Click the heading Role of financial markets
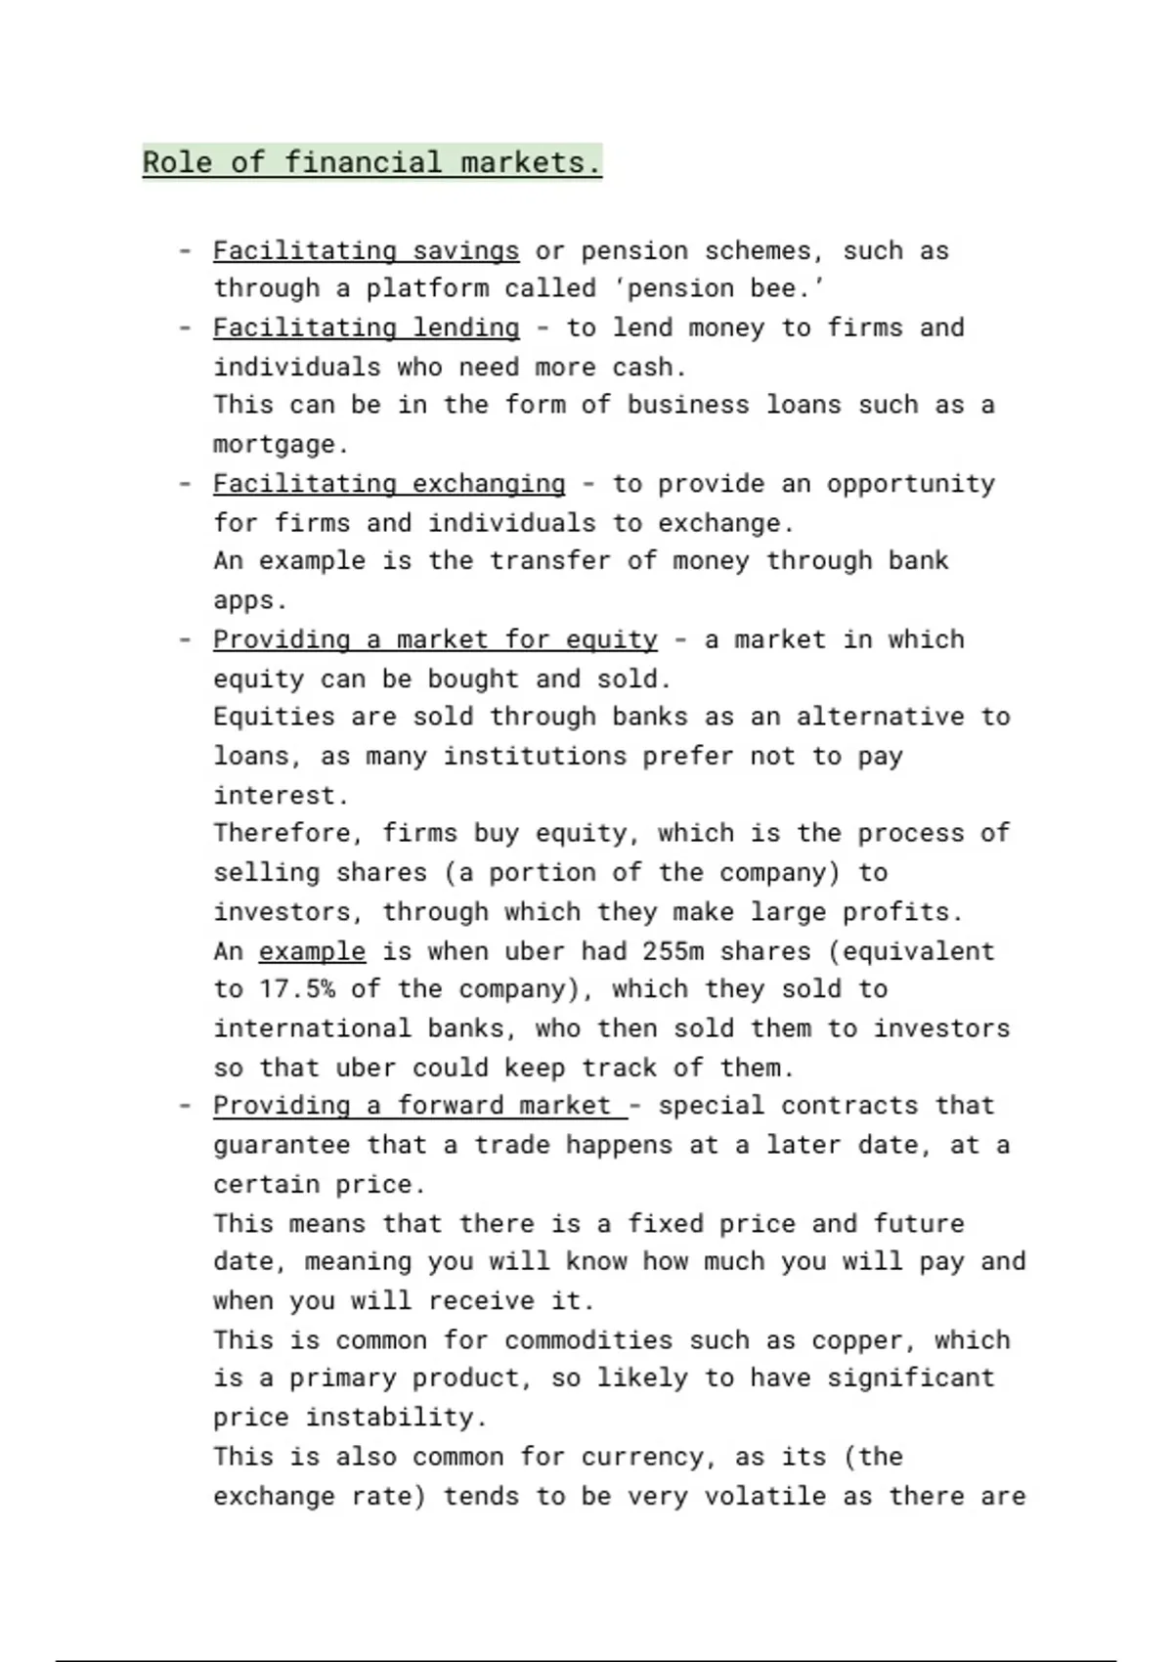click(x=371, y=162)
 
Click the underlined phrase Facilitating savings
click(x=366, y=251)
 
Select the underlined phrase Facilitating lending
click(x=366, y=328)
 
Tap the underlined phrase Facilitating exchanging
click(x=389, y=484)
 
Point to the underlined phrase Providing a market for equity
click(x=435, y=640)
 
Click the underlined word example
click(x=312, y=951)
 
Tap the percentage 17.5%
click(x=296, y=989)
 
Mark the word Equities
click(x=274, y=717)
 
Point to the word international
click(x=312, y=1028)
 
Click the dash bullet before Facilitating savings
click(x=185, y=251)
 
